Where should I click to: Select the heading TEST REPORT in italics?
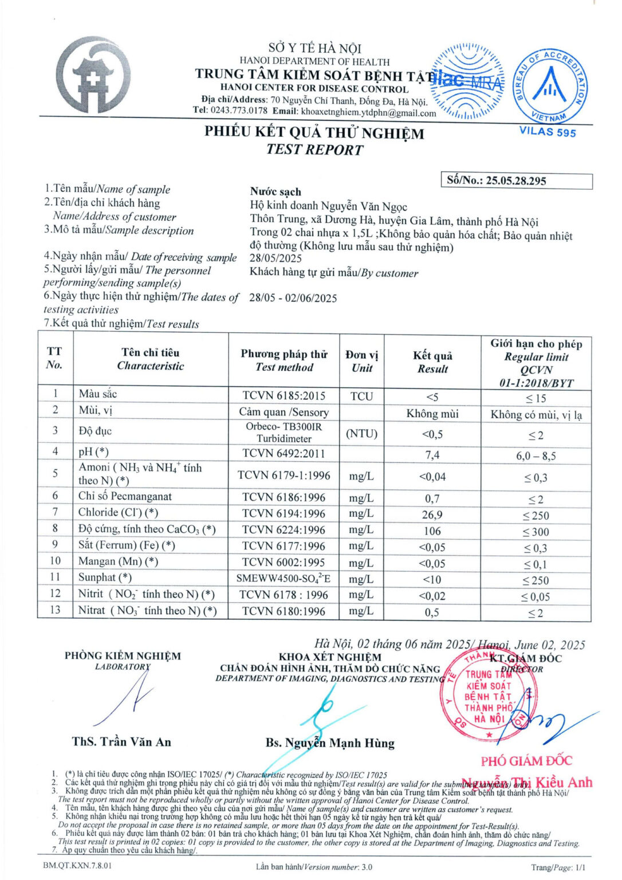tap(314, 150)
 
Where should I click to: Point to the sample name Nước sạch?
tap(275, 191)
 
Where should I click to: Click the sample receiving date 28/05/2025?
tap(275, 258)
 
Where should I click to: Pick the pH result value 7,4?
tap(432, 455)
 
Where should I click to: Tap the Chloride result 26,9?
tap(432, 514)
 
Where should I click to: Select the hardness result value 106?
tap(432, 531)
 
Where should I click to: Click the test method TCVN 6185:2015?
tap(284, 396)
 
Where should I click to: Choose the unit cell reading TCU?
tap(361, 396)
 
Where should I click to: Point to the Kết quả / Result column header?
tap(432, 362)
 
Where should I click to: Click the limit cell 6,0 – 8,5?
tap(536, 456)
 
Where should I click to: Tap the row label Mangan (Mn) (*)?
tap(119, 561)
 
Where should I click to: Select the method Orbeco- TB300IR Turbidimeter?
tap(284, 433)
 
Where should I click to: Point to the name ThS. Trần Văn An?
tap(121, 742)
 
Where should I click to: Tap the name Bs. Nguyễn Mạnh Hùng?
tap(330, 743)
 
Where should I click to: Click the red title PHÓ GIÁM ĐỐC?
tap(526, 761)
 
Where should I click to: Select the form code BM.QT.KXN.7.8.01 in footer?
tap(77, 865)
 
